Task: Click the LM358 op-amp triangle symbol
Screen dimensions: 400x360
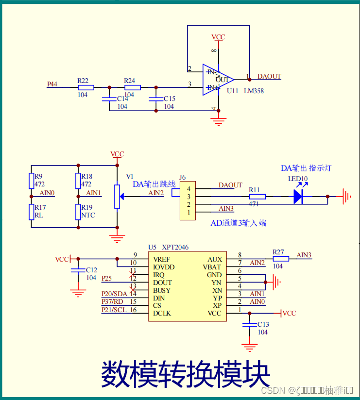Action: coord(218,80)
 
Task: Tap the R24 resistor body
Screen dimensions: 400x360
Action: coord(132,88)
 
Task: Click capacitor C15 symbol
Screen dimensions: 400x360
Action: coord(155,100)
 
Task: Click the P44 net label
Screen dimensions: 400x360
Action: coord(52,84)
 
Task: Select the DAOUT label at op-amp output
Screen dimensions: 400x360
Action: coord(269,77)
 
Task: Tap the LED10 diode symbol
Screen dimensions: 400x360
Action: coord(299,197)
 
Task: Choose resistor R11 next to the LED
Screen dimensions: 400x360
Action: coord(257,197)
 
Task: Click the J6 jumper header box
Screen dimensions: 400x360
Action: coord(188,200)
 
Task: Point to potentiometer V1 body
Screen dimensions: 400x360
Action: coord(117,196)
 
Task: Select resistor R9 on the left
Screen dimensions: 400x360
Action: coord(31,181)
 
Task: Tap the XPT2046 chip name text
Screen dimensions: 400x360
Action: coord(175,248)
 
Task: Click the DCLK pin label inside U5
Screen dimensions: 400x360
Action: coord(162,314)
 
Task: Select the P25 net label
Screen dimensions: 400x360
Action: coord(107,278)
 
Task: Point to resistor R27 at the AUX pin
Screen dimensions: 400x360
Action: coord(281,259)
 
